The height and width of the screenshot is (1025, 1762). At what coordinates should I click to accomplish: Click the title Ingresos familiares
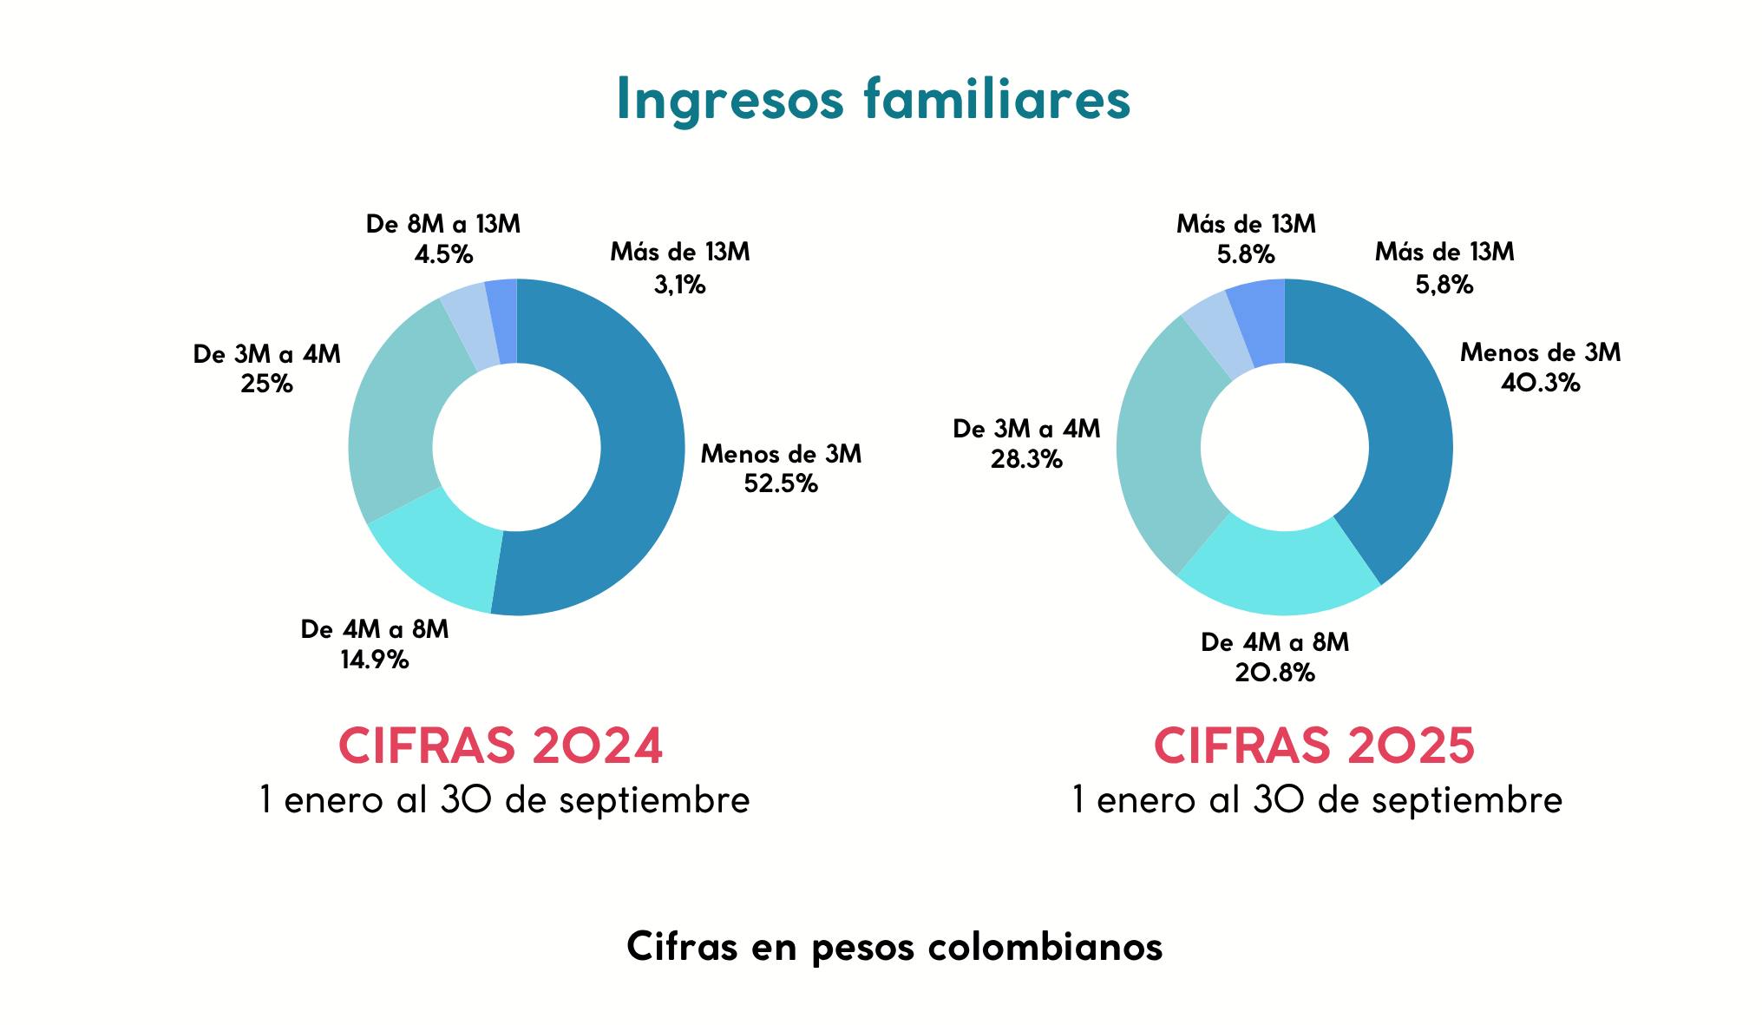[x=873, y=99]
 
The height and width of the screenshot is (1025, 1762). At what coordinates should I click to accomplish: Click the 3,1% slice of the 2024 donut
[x=502, y=320]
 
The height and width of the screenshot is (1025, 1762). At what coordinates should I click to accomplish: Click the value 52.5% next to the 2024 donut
[x=781, y=484]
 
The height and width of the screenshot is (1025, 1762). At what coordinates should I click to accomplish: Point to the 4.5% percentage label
[x=443, y=255]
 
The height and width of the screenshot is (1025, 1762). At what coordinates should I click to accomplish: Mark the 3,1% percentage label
[x=679, y=285]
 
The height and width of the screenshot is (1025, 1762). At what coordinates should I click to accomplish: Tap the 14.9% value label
[x=374, y=660]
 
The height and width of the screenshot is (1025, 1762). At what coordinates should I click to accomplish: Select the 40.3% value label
[x=1540, y=384]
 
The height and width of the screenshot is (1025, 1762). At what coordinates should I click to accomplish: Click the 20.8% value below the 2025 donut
[x=1274, y=673]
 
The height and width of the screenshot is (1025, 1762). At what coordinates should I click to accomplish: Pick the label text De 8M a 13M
[x=443, y=225]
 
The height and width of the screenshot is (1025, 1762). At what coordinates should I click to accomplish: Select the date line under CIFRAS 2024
[x=504, y=800]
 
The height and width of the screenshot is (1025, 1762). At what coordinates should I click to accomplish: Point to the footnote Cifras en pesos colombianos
[x=894, y=947]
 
